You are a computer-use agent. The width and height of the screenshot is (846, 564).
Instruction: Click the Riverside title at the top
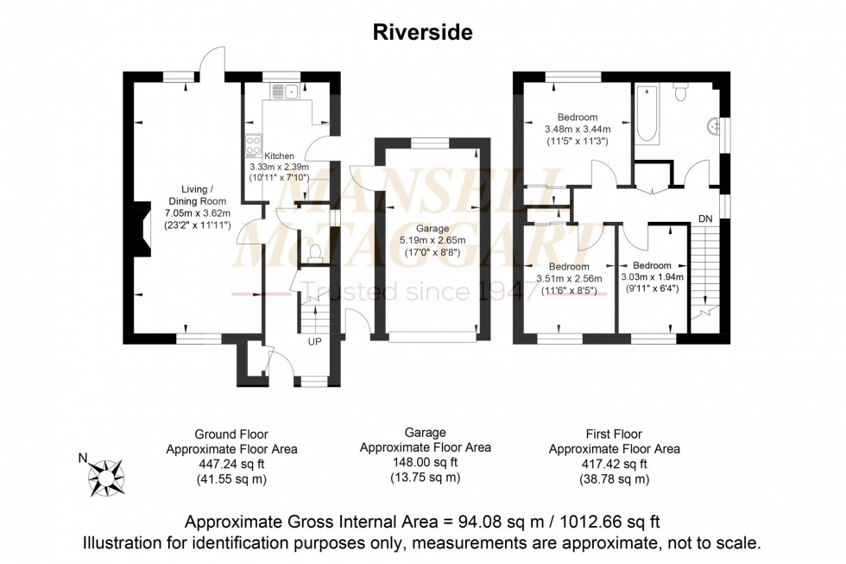423,33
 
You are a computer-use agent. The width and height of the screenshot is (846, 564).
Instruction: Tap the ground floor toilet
315,251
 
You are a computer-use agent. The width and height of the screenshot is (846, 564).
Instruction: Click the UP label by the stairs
316,341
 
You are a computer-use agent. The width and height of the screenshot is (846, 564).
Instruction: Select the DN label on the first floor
705,219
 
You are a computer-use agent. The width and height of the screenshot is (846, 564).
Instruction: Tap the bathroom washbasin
714,126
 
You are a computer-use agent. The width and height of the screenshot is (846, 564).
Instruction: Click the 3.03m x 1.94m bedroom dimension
652,277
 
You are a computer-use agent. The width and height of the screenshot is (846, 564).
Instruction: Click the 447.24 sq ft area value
231,464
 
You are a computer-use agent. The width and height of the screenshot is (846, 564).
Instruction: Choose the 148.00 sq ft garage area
426,462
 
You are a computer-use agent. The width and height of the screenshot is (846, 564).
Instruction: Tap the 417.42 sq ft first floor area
615,464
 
